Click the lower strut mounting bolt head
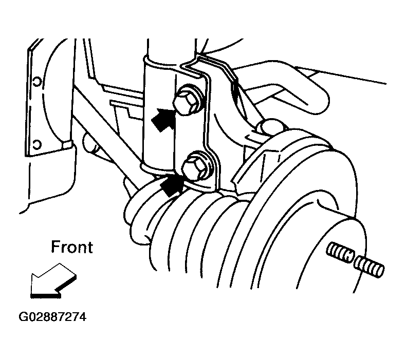coord(194,167)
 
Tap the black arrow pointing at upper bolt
coord(163,119)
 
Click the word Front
coord(72,247)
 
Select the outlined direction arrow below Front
coord(52,281)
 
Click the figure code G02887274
coord(52,317)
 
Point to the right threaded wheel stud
coord(369,267)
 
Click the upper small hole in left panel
coord(37,82)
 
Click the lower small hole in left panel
coord(37,144)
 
